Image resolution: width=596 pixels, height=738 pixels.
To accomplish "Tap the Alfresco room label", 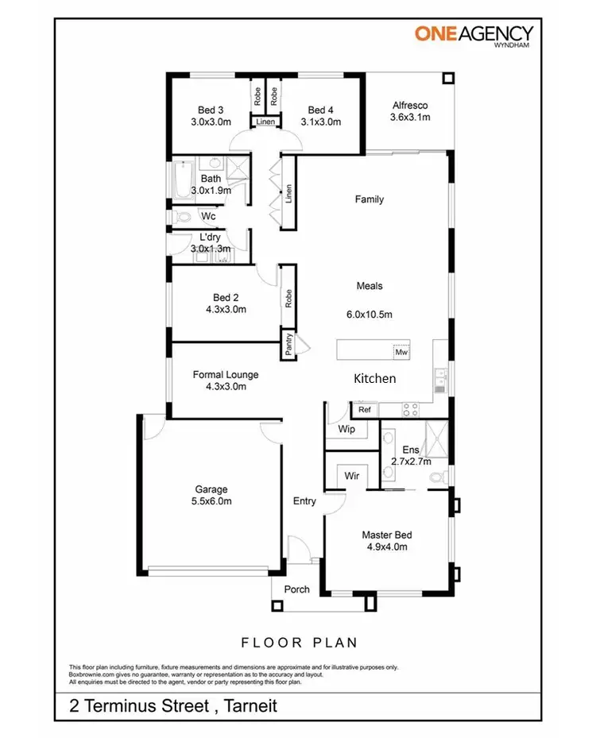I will tap(410, 106).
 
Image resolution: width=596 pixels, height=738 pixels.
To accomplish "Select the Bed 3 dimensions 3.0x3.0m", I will tap(211, 122).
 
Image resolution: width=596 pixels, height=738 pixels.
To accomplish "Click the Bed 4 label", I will tap(321, 110).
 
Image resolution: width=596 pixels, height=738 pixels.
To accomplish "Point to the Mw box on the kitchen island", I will tap(402, 351).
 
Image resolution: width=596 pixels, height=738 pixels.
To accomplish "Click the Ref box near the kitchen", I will tap(365, 410).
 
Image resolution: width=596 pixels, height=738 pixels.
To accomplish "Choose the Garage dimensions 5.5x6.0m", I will tap(211, 501).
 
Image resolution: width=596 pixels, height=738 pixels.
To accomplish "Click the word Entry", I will tap(304, 501).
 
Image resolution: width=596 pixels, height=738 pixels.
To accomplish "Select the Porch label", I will tap(297, 589).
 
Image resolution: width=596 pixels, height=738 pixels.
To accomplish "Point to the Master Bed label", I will tap(387, 535).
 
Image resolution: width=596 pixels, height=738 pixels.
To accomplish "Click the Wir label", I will tap(352, 476).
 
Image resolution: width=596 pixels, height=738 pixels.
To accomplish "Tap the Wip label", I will tap(346, 430).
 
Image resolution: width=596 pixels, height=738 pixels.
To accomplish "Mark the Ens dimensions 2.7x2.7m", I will tap(411, 461).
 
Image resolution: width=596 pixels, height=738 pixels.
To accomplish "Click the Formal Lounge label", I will tap(226, 375).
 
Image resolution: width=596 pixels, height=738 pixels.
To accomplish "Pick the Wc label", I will tap(208, 216).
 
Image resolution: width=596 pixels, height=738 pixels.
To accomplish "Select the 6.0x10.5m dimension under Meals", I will tap(370, 314).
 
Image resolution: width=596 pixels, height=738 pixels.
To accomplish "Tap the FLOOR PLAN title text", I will tap(299, 642).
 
